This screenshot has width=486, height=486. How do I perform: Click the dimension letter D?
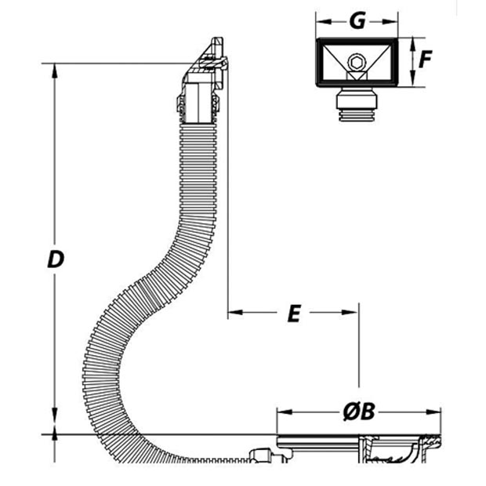coord(56,259)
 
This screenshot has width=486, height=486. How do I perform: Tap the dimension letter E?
coord(294,314)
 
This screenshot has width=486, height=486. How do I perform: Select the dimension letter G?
coord(357,21)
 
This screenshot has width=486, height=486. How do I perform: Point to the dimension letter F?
coord(425,59)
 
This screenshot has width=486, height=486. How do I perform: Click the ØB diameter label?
coord(359,412)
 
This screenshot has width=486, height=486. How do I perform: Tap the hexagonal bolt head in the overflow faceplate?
coord(357,63)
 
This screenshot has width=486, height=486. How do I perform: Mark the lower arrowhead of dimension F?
coord(412,78)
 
